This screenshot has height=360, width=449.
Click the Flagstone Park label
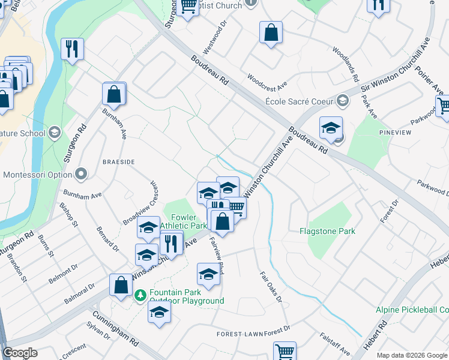(x=327, y=231)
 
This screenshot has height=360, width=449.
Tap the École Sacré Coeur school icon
(x=343, y=100)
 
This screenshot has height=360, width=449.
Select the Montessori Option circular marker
(x=82, y=175)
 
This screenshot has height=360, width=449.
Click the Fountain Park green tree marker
(x=140, y=295)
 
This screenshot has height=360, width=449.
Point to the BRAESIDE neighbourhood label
(x=118, y=162)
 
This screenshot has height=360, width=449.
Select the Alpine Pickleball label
(x=412, y=310)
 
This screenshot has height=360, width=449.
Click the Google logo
(x=20, y=353)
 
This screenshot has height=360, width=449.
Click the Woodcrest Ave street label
(x=267, y=80)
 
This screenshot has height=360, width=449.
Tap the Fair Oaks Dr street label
(x=271, y=286)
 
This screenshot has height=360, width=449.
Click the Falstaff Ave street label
(x=335, y=344)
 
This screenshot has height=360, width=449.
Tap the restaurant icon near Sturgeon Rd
(x=73, y=49)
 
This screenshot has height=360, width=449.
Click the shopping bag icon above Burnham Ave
(x=113, y=94)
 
